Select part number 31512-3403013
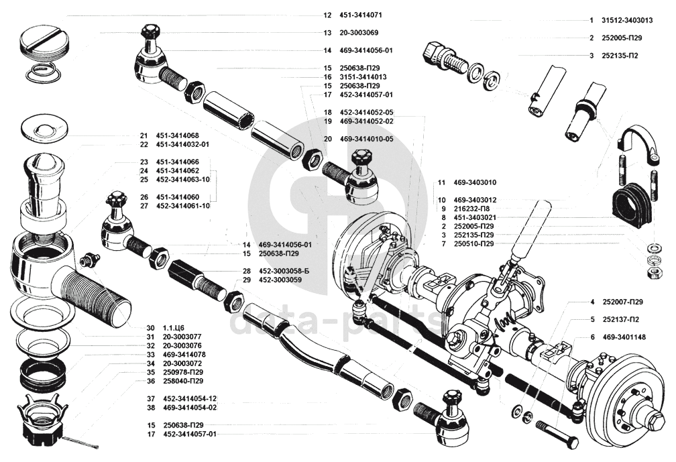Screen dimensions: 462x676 pyautogui.click(x=630, y=21)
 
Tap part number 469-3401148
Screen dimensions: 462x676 pyautogui.click(x=624, y=337)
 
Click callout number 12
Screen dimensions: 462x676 pyautogui.click(x=327, y=15)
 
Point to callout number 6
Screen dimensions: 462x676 pyautogui.click(x=593, y=337)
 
